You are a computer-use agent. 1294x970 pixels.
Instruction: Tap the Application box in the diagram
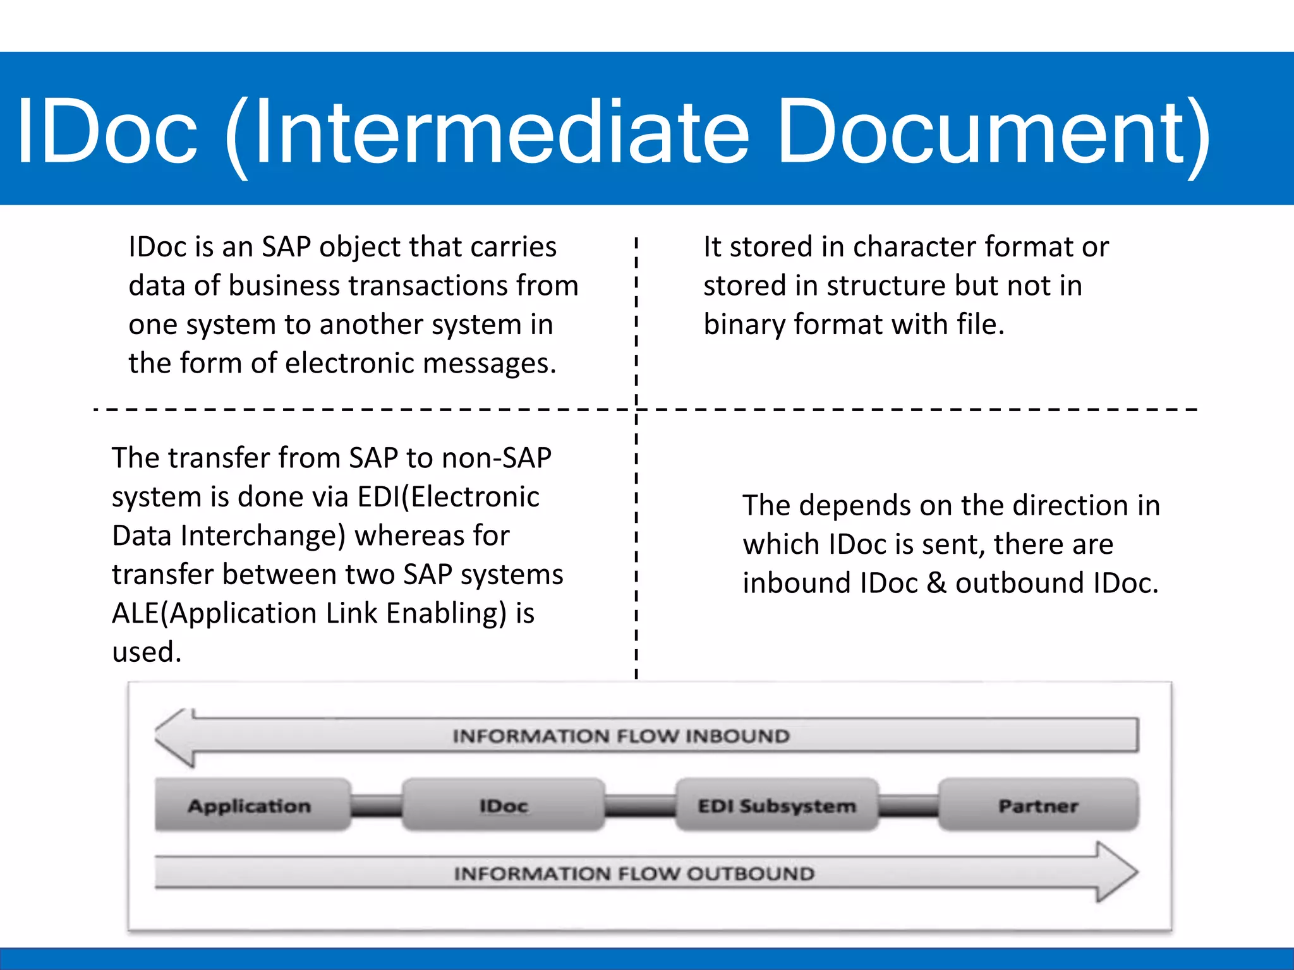(250, 805)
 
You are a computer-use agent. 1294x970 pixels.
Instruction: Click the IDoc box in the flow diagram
(504, 805)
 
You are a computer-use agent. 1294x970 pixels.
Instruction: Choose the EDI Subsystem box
(777, 805)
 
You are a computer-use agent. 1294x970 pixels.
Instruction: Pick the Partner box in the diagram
(1038, 805)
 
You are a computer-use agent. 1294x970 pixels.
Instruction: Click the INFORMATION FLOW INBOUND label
(621, 736)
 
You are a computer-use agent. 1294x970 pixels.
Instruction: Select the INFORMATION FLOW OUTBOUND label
(634, 873)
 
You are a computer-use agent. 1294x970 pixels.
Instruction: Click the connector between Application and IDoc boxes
(377, 806)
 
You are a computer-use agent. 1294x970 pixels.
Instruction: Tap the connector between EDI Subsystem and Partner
(909, 806)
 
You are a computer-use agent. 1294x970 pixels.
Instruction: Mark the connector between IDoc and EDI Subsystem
(640, 806)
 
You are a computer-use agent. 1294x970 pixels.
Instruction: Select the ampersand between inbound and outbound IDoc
(936, 583)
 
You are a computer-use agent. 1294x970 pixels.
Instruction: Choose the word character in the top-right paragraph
(916, 247)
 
